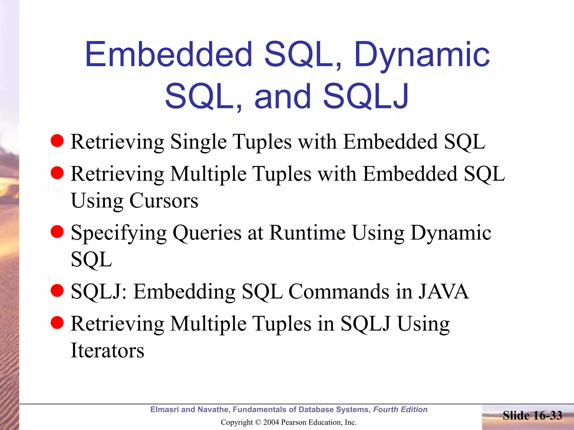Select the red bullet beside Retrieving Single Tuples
(57, 141)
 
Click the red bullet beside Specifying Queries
(57, 232)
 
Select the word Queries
(207, 233)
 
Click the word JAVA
(443, 291)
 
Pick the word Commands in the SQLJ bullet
(339, 291)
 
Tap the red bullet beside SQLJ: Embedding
(57, 290)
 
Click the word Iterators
(107, 350)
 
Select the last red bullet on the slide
(57, 322)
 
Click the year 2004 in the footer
(271, 422)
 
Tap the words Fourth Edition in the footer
(400, 409)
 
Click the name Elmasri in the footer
(165, 409)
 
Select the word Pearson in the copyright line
(292, 422)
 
